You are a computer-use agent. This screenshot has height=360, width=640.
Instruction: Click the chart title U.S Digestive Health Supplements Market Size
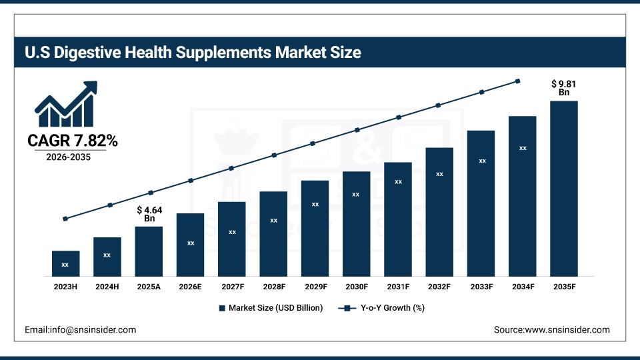click(193, 53)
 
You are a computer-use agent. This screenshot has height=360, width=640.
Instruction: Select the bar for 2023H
click(65, 263)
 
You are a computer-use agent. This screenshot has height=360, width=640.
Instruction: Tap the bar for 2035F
click(563, 188)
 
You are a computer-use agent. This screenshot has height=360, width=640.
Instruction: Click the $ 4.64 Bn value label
click(149, 214)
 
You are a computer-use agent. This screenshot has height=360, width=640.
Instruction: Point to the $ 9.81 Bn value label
click(563, 88)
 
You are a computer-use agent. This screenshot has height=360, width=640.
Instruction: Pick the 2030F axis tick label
click(356, 286)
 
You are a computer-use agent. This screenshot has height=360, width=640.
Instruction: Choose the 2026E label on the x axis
click(190, 286)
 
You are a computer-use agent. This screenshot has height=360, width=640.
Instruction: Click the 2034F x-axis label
click(522, 286)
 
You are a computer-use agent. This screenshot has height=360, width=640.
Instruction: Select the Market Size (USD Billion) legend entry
click(271, 308)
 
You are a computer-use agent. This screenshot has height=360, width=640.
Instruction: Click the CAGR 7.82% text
click(73, 141)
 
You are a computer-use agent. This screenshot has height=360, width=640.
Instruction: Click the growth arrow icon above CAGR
click(66, 105)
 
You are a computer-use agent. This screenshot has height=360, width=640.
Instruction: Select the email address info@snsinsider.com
click(80, 329)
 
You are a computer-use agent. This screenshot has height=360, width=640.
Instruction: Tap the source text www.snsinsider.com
click(551, 329)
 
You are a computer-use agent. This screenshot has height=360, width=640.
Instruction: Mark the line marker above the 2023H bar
click(65, 219)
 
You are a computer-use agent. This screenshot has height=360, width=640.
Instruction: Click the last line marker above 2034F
click(518, 81)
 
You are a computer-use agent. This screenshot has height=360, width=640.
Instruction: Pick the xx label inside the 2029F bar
click(315, 204)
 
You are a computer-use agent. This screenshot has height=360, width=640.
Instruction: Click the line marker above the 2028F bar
click(273, 155)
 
